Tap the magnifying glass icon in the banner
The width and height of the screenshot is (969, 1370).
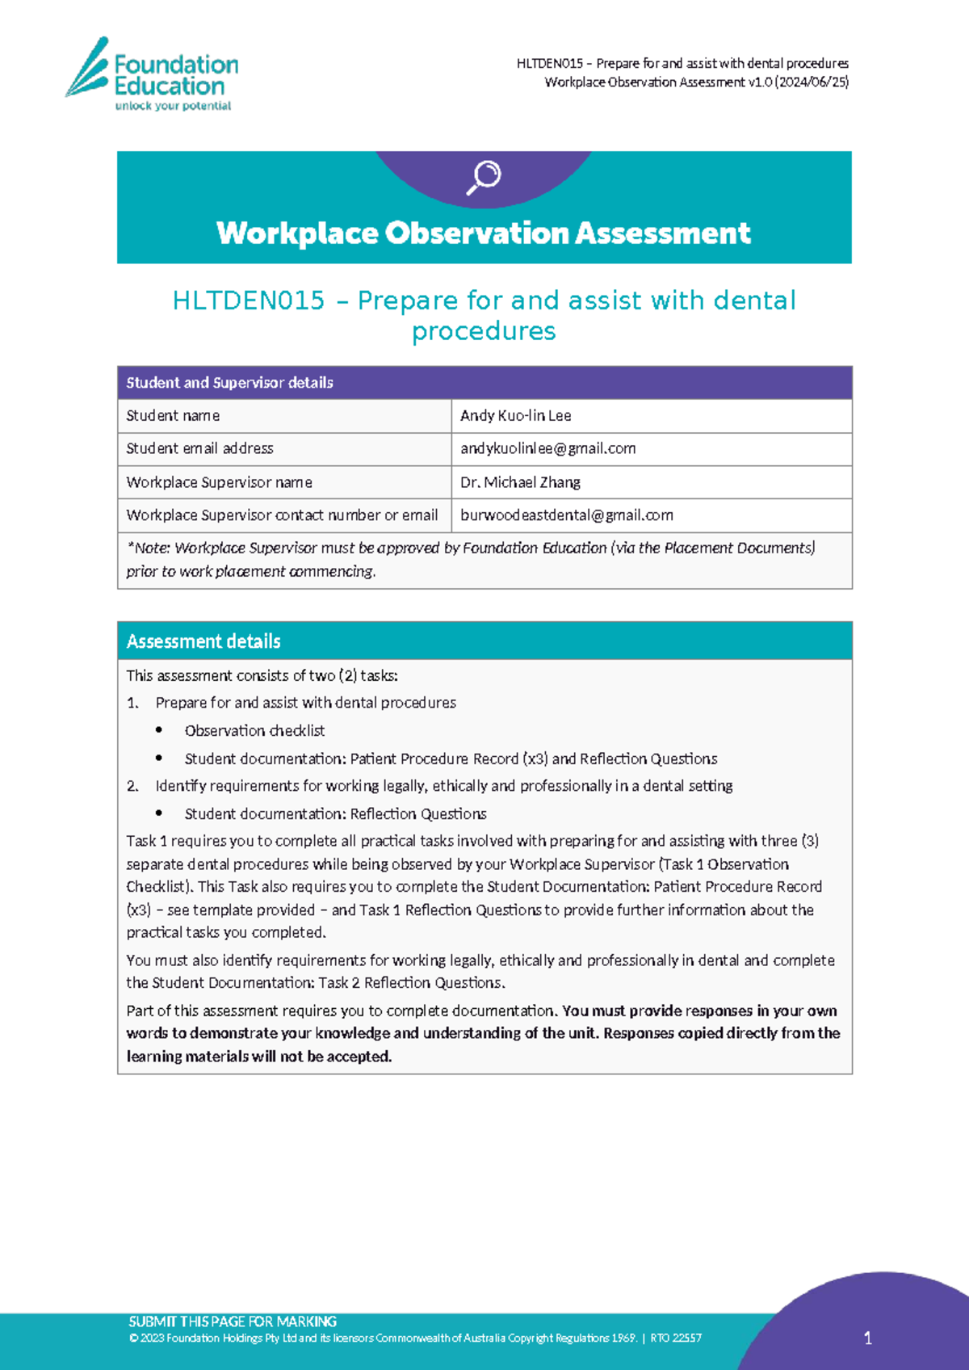click(x=484, y=177)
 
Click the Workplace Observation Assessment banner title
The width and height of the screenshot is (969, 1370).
click(x=484, y=233)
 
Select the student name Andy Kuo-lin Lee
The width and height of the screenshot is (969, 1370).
click(x=515, y=416)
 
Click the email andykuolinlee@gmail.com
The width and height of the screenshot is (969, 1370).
click(x=547, y=448)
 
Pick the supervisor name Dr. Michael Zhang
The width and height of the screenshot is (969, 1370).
click(x=520, y=482)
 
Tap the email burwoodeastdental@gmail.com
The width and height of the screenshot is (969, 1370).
click(x=566, y=515)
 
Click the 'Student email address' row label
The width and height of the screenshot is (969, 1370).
click(x=199, y=448)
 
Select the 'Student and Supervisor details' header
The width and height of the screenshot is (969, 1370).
click(x=229, y=383)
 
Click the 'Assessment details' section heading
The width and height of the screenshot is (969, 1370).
click(x=203, y=641)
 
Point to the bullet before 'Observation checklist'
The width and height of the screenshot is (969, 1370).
click(x=159, y=730)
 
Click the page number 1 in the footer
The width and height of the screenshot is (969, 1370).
click(x=868, y=1338)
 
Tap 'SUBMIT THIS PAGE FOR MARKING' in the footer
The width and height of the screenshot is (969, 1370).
click(x=233, y=1322)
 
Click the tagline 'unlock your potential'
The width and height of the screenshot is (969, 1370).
click(x=173, y=106)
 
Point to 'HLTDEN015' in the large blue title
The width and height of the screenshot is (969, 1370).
click(x=249, y=300)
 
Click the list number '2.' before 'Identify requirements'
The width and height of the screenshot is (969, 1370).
click(x=133, y=786)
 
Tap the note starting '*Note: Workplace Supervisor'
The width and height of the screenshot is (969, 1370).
click(x=470, y=559)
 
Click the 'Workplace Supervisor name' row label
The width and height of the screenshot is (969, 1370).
click(x=219, y=482)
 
